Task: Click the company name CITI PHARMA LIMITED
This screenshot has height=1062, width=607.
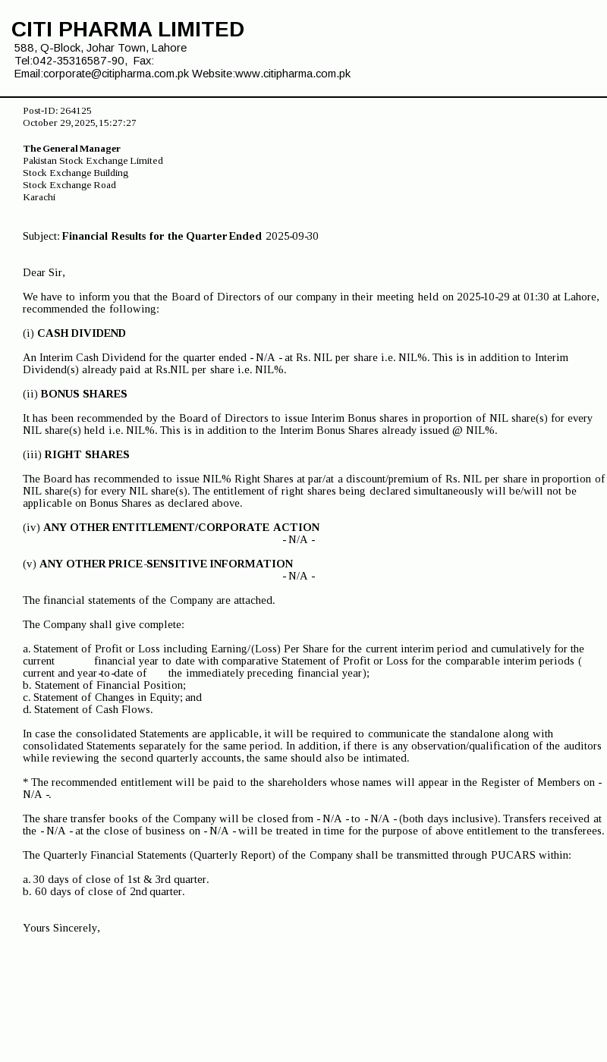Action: click(127, 30)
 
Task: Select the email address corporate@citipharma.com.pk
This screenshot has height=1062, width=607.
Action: click(116, 74)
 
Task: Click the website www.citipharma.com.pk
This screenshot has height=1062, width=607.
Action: click(293, 74)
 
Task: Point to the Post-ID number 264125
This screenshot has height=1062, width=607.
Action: click(76, 111)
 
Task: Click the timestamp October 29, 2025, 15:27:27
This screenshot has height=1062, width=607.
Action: click(80, 123)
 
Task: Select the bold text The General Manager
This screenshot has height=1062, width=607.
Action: click(72, 149)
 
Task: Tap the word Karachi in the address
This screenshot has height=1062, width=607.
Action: click(39, 197)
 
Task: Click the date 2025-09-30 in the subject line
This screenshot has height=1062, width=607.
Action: click(292, 237)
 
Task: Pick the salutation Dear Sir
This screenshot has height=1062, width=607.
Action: click(44, 272)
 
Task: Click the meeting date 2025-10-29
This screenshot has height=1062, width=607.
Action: click(483, 297)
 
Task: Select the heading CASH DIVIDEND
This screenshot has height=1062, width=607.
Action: click(81, 334)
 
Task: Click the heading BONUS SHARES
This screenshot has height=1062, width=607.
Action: click(83, 394)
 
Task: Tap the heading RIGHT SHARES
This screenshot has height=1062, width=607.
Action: click(86, 455)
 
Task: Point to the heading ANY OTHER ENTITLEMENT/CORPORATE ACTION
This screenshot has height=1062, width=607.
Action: click(181, 527)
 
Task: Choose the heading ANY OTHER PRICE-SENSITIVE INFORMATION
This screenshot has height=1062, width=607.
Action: click(166, 564)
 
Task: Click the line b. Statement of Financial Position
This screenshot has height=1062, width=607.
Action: click(105, 685)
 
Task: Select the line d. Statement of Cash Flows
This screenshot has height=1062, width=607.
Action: click(88, 709)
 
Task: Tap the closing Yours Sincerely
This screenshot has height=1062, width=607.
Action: click(61, 928)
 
